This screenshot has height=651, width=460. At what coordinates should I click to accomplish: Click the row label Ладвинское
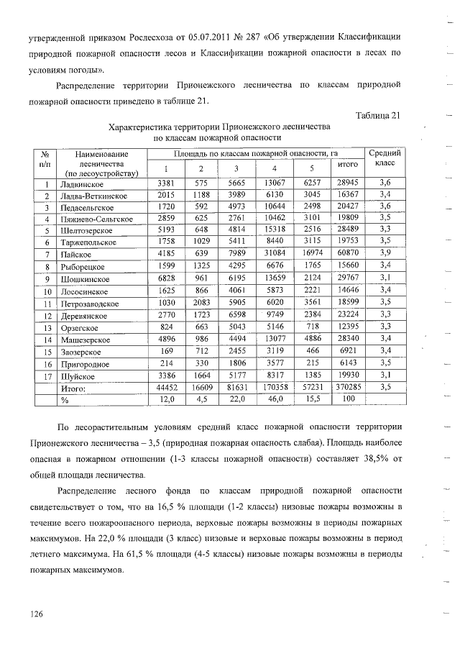pyautogui.click(x=83, y=183)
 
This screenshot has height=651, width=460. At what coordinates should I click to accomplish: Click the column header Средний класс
pyautogui.click(x=385, y=158)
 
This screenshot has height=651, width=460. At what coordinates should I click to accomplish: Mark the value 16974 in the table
pyautogui.click(x=313, y=255)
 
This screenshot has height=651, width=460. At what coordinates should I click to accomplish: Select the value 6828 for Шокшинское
pyautogui.click(x=166, y=278)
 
